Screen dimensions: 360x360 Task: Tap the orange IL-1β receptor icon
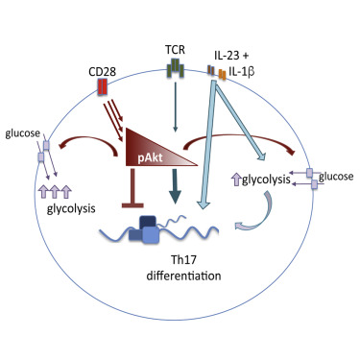pos(222,74)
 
